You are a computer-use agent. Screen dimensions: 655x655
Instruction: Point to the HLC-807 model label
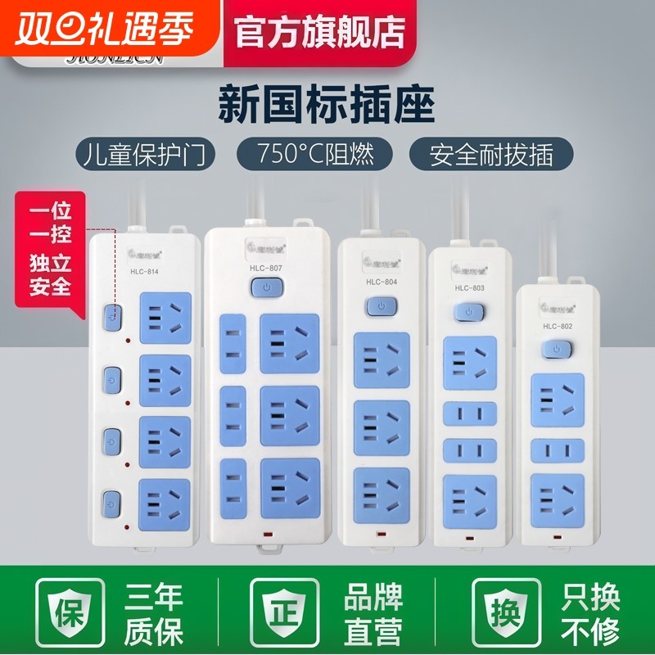pos(269,268)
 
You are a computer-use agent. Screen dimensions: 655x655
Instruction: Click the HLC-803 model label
pos(468,287)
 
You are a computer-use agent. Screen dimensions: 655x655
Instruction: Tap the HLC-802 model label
pos(556,326)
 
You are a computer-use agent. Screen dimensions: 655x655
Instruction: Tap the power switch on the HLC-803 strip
pos(468,313)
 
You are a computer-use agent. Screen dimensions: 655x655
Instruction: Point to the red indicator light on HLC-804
pos(381,534)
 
